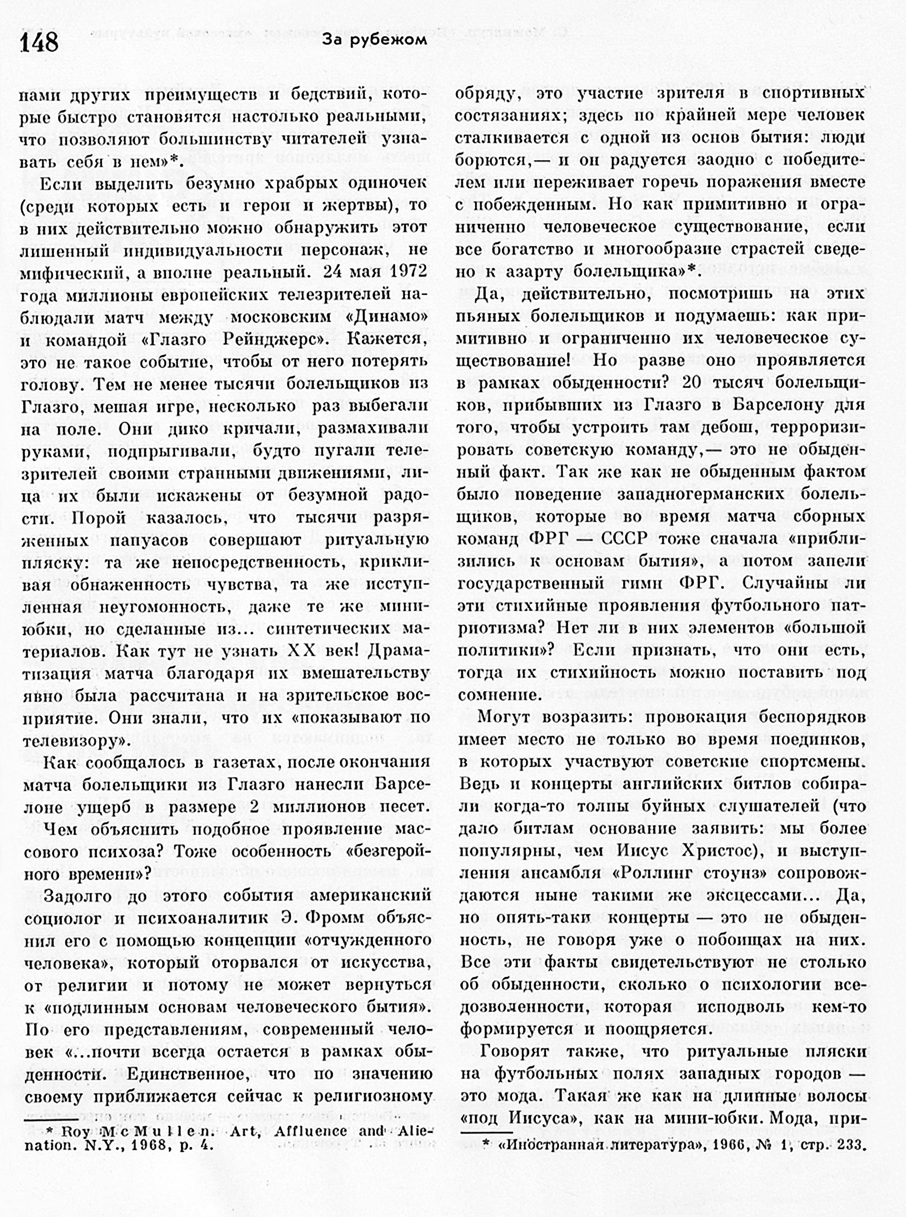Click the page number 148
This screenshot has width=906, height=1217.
pos(39,42)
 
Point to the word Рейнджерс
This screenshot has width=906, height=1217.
pos(272,340)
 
